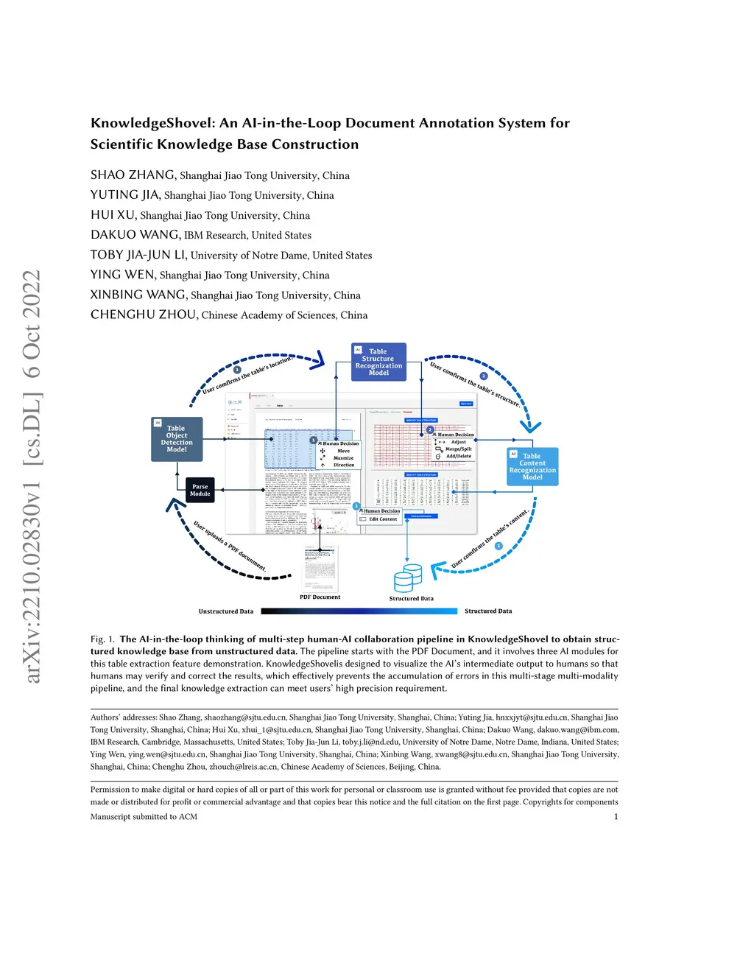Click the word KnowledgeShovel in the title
152,124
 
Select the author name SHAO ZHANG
133,175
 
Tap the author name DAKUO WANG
135,235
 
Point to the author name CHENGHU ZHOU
144,315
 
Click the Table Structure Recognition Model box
378,362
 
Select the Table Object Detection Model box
177,439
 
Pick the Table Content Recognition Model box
532,467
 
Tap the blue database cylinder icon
408,578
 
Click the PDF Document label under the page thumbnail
320,597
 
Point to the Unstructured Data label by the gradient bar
225,611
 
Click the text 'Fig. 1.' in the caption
102,639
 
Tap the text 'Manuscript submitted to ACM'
144,817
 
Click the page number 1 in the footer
616,817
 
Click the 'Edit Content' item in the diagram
383,519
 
